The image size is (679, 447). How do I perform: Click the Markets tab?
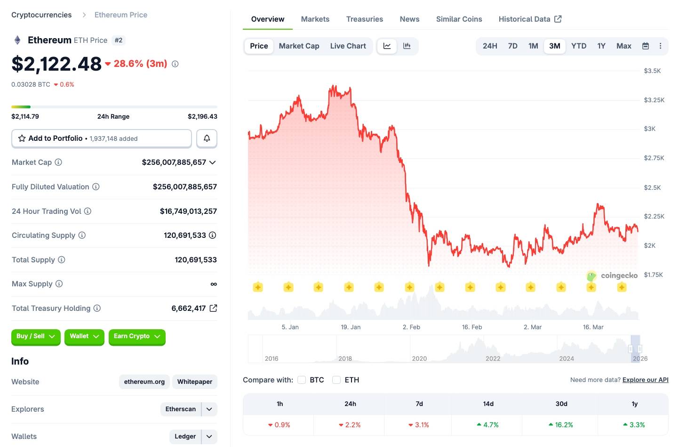[x=315, y=19]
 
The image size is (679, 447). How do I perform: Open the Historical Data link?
[x=530, y=19]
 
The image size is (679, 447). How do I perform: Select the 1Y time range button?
[x=601, y=46]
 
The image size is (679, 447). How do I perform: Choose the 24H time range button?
[x=490, y=46]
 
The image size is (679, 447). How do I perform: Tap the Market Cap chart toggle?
[x=299, y=46]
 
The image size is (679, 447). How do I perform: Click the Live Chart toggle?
[x=348, y=46]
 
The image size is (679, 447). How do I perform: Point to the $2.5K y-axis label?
[x=652, y=187]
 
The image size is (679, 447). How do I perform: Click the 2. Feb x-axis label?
[x=411, y=327]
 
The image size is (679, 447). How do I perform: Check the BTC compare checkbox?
[x=302, y=380]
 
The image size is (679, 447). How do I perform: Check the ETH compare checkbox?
[x=336, y=380]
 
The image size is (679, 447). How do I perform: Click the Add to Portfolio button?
[x=101, y=138]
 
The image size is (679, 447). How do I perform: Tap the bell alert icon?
[x=207, y=138]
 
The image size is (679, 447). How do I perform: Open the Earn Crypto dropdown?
[x=137, y=336]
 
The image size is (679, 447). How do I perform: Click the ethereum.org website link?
[x=144, y=382]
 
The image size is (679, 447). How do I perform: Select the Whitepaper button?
[x=195, y=382]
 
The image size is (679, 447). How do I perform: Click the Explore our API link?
[x=645, y=380]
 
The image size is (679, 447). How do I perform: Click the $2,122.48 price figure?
[x=56, y=64]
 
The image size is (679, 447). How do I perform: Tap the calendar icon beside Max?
[x=646, y=46]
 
